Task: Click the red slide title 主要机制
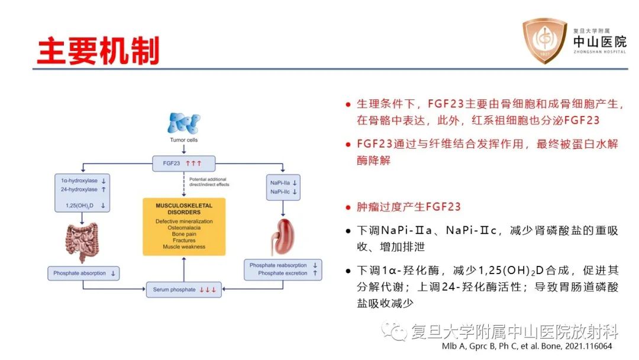click(98, 52)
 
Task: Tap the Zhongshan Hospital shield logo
click(543, 41)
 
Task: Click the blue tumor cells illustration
click(184, 124)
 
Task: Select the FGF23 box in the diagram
click(183, 163)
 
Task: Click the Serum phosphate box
click(184, 290)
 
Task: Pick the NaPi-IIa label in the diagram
click(279, 183)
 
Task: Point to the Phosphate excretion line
click(283, 274)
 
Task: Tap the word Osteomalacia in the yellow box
click(183, 227)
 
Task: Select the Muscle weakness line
click(183, 247)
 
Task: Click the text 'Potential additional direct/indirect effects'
click(209, 182)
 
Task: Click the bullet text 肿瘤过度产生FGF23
click(408, 207)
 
